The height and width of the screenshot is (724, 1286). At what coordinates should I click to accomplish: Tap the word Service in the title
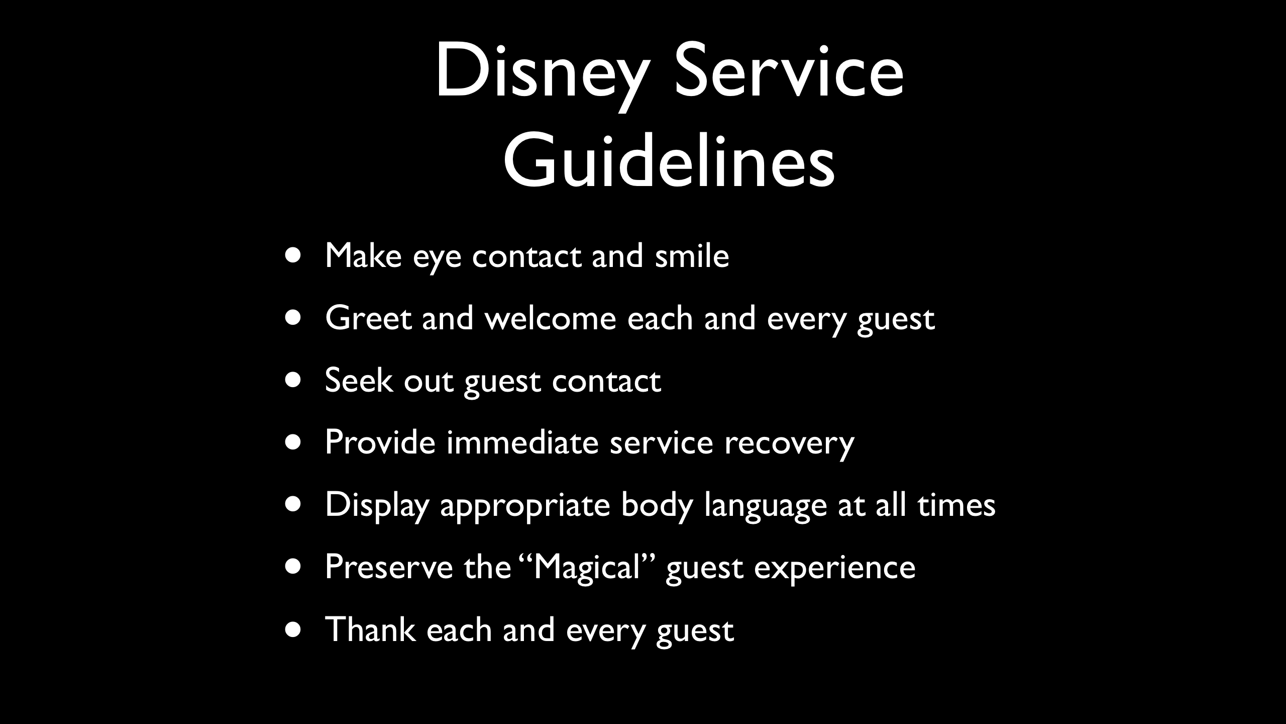[x=789, y=71]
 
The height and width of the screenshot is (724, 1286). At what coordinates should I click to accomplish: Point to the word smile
[x=692, y=255]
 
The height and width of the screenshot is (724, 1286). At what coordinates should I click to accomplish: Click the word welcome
[x=550, y=318]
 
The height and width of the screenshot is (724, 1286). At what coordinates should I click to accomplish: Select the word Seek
[x=358, y=380]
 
